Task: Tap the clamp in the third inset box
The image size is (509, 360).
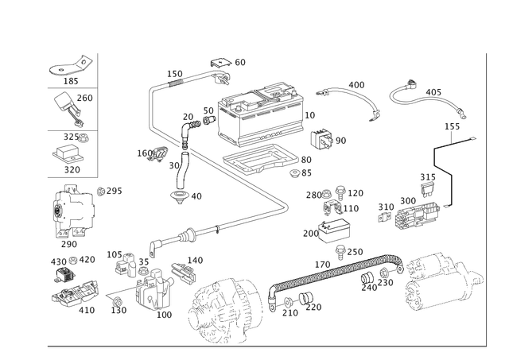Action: point(72,151)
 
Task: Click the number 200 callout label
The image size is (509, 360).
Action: point(356,83)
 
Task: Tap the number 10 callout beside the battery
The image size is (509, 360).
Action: point(312,114)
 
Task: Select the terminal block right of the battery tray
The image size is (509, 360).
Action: point(410,213)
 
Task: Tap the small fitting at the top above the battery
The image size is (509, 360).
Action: point(221,64)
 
